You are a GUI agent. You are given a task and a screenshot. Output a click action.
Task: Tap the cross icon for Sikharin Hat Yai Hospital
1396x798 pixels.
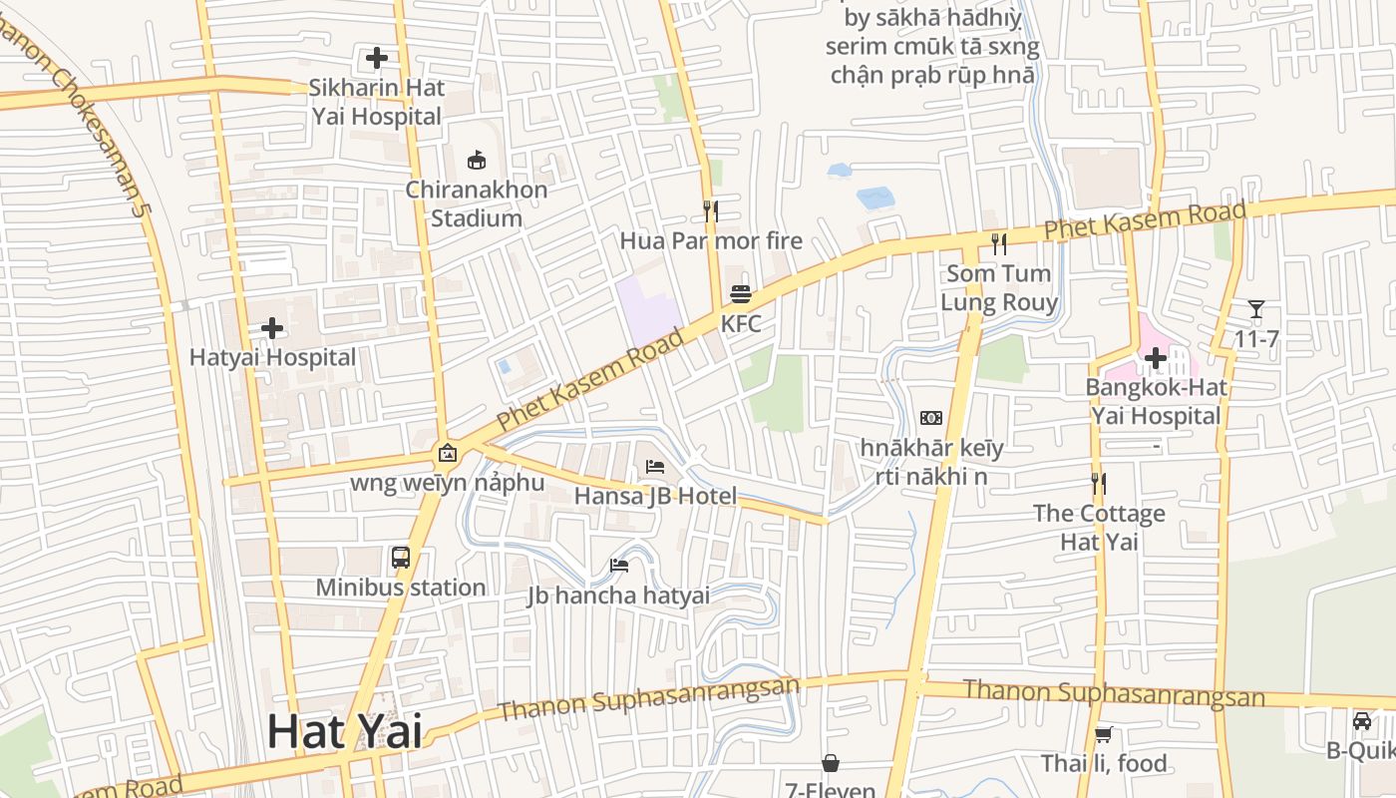point(377,58)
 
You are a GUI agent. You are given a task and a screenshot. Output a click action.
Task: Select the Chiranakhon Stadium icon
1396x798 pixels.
point(477,160)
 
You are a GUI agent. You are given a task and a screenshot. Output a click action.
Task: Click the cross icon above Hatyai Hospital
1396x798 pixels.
point(271,328)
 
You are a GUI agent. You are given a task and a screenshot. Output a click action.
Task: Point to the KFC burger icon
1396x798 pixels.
point(741,294)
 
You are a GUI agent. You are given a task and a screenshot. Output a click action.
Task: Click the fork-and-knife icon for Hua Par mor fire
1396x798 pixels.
point(711,210)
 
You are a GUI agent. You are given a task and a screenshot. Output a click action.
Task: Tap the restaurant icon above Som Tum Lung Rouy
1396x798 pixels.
point(999,243)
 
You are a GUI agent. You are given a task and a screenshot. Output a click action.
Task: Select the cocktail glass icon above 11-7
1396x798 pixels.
point(1256,309)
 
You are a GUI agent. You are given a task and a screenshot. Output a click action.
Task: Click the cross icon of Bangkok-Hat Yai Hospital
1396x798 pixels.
point(1156,357)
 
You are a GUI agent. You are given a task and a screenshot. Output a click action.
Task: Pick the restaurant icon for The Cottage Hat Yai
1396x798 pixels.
point(1099,484)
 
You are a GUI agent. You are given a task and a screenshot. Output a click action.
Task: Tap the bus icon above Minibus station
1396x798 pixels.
point(401,558)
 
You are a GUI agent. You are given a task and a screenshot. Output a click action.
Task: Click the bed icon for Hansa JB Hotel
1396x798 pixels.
point(655,466)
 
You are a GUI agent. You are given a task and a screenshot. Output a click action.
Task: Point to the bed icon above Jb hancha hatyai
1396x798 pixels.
point(619,566)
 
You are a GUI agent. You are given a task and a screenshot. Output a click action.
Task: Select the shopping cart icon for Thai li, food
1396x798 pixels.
point(1103,735)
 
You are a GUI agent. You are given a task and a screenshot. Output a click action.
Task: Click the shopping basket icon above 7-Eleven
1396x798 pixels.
point(831,763)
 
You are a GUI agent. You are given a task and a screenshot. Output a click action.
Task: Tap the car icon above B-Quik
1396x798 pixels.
point(1362,720)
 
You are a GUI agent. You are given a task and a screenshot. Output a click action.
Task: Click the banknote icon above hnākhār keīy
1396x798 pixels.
point(931,418)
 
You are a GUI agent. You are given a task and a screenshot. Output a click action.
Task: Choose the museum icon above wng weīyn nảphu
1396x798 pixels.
point(448,454)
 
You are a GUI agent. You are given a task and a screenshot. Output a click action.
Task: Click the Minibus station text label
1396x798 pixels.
point(401,588)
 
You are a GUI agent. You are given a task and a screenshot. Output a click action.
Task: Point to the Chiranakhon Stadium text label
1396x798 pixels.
point(477,203)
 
